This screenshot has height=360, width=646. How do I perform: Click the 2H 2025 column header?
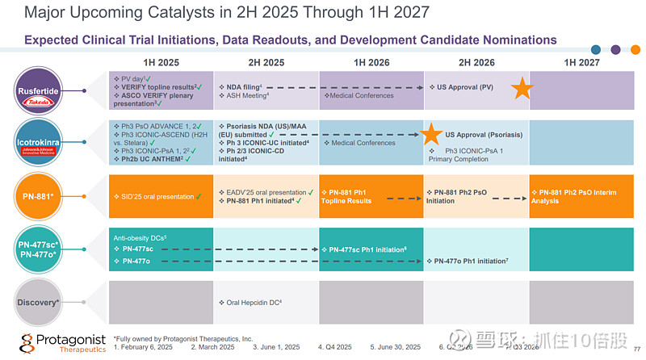(266, 62)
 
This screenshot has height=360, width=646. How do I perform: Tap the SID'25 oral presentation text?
(153, 196)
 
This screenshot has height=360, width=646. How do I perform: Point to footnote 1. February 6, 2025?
(143, 347)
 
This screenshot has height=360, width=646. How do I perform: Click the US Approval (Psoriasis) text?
(484, 135)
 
